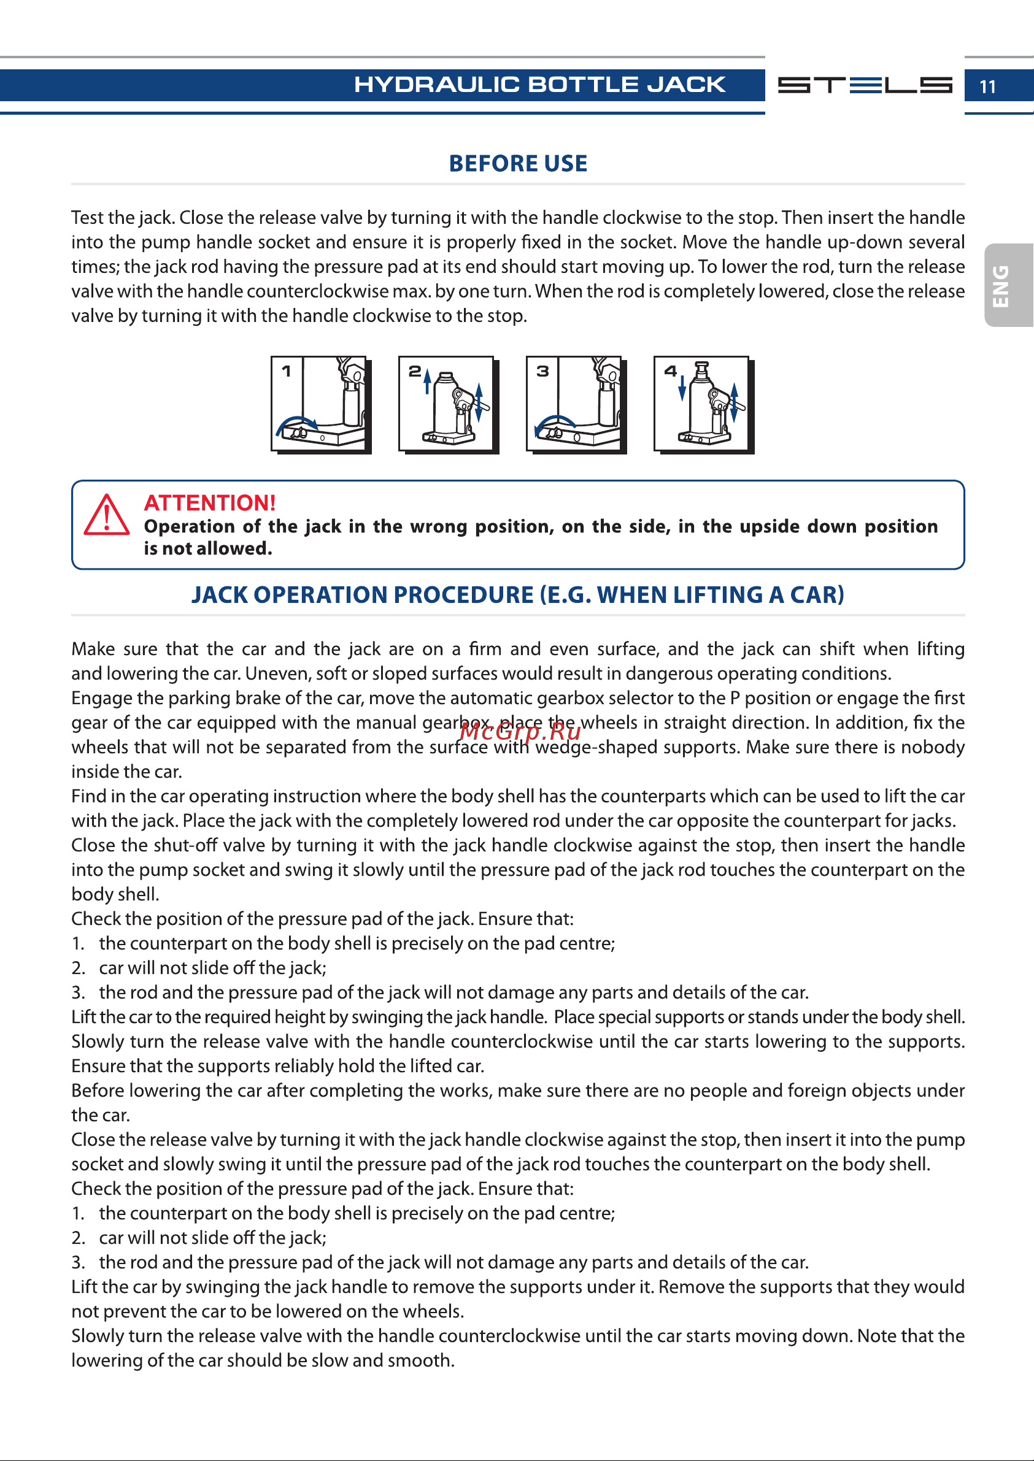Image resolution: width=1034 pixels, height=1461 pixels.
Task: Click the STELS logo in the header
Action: click(x=865, y=85)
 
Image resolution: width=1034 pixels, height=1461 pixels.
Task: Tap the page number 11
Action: click(x=987, y=86)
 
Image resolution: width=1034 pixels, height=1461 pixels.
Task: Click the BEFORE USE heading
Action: click(x=518, y=164)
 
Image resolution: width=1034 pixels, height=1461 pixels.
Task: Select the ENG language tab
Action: click(x=1008, y=285)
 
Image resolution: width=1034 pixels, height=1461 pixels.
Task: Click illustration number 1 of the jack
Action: click(x=321, y=405)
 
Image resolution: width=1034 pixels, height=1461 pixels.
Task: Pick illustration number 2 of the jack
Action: click(x=449, y=405)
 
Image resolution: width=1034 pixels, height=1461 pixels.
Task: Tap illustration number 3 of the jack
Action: click(x=576, y=405)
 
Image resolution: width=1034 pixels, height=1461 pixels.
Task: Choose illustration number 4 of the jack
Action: click(x=704, y=405)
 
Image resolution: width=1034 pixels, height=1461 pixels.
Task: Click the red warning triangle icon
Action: click(x=106, y=515)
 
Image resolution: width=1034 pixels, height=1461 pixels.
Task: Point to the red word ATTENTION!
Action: click(x=209, y=503)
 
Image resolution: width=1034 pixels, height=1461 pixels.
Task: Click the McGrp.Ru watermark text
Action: click(x=520, y=732)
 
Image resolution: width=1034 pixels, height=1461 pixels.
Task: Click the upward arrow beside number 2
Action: click(x=427, y=382)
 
